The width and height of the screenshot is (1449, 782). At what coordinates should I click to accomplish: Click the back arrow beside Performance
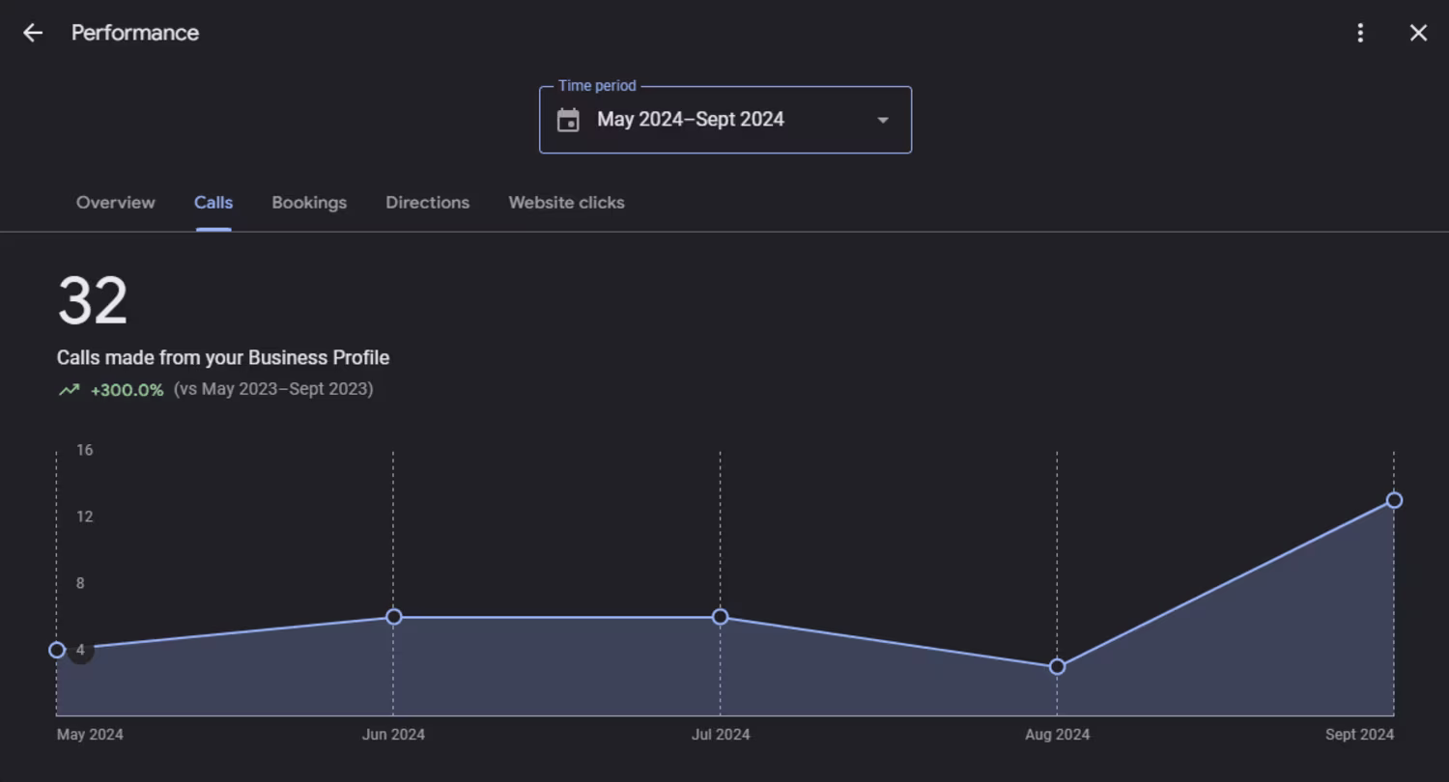coord(33,33)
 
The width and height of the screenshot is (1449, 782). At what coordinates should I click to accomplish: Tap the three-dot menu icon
coord(1360,33)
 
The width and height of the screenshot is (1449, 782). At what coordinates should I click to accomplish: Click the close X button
coord(1418,33)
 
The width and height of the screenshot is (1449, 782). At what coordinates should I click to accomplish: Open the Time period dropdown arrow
coord(882,120)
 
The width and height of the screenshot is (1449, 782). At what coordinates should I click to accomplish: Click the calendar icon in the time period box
coord(568,120)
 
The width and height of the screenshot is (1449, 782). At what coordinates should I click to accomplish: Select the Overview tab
coord(115,203)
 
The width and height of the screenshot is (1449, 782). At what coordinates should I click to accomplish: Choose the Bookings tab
coord(309,203)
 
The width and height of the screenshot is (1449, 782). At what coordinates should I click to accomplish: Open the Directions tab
coord(427,203)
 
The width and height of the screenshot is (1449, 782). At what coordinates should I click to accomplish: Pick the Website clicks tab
coord(566,203)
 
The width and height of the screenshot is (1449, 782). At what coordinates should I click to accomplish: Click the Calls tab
coord(213,203)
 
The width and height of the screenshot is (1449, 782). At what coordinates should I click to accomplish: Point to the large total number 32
coord(93,301)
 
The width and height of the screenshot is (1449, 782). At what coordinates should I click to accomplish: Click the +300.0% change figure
coord(127,390)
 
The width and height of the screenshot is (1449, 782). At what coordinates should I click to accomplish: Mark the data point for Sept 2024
coord(1394,500)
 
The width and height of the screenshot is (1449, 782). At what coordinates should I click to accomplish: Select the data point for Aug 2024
coord(1057,666)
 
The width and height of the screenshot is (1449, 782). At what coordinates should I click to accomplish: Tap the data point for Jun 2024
coord(393,617)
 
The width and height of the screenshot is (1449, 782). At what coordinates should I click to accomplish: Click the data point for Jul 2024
coord(720,617)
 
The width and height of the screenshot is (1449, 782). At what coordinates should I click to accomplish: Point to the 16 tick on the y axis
coord(85,450)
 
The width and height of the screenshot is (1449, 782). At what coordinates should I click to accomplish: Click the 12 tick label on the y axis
coord(85,517)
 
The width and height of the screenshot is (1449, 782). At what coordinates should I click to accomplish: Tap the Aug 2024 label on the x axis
coord(1057,735)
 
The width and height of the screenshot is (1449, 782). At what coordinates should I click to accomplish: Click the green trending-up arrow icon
coord(69,390)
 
